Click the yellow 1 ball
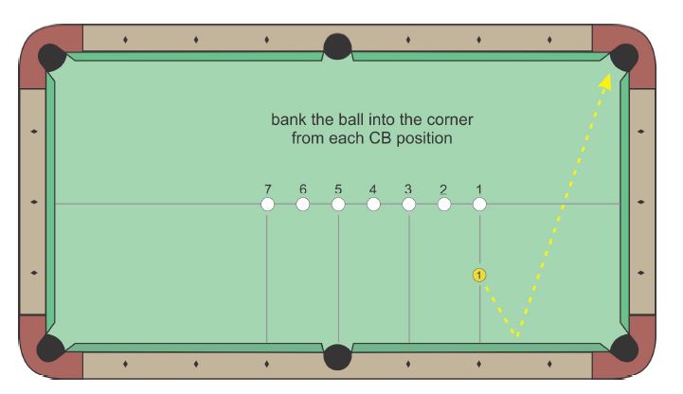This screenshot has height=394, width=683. [479, 276]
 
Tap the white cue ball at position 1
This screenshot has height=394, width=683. [479, 205]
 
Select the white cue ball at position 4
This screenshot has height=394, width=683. [373, 205]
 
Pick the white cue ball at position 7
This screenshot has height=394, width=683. [267, 205]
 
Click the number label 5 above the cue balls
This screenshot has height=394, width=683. [338, 189]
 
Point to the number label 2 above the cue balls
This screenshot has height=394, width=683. [443, 189]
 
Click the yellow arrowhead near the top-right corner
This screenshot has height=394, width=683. [605, 82]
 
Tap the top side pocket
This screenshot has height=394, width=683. [337, 47]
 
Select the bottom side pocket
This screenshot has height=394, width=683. [337, 357]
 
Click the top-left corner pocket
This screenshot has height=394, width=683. [51, 57]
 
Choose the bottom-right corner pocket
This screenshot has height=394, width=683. [624, 348]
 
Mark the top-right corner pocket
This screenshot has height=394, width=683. [624, 57]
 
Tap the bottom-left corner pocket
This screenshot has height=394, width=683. [51, 348]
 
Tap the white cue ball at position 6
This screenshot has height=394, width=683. [303, 205]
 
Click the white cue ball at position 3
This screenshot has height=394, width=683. [408, 205]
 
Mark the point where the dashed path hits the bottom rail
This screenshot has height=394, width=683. [518, 336]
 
